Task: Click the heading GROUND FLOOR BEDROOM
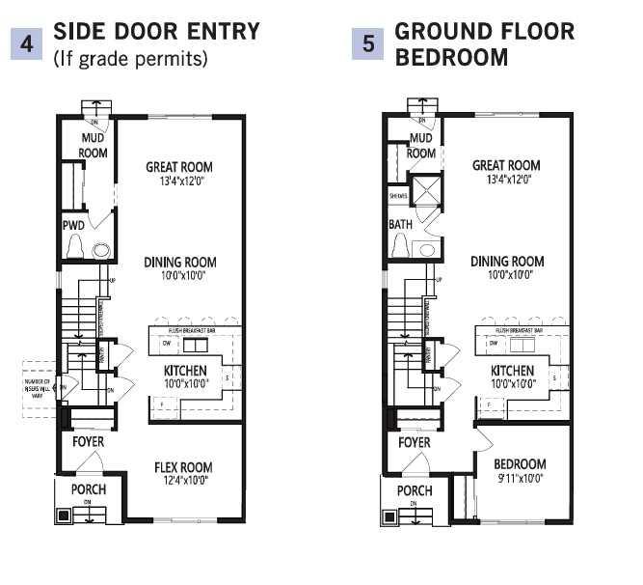484,44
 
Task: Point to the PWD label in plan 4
73,225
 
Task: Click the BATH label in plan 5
400,224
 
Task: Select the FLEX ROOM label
183,467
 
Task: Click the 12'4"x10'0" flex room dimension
183,480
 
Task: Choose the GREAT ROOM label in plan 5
506,166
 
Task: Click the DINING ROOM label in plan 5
507,262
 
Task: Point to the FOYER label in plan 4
89,442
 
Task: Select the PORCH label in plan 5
415,490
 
